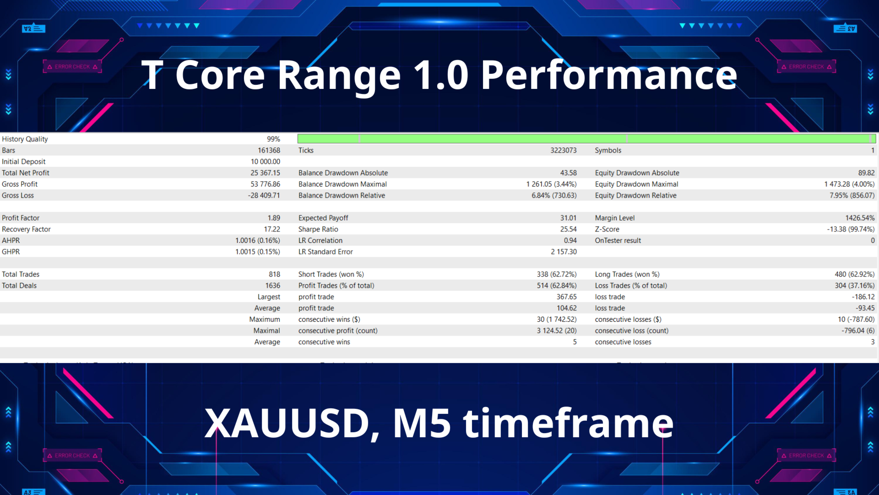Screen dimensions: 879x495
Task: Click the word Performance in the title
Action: click(609, 76)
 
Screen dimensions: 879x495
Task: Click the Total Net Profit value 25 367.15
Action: click(265, 173)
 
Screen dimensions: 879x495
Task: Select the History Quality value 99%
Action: click(273, 139)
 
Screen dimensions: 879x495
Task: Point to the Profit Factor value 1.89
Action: click(274, 218)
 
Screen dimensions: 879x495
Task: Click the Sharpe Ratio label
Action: click(318, 229)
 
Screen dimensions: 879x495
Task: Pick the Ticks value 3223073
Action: click(563, 150)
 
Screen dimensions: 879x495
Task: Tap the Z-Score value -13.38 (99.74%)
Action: click(851, 229)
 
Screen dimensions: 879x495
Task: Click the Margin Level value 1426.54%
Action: click(860, 218)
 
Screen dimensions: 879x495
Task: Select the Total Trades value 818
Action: click(274, 274)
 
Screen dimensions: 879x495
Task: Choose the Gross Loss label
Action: click(18, 195)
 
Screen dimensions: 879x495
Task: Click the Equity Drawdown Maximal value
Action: click(849, 184)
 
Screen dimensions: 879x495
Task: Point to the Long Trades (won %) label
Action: click(627, 274)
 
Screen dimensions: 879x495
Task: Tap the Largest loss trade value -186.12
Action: click(863, 297)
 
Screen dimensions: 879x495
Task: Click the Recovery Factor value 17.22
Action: click(272, 229)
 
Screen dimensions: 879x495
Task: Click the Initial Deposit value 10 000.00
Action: click(266, 161)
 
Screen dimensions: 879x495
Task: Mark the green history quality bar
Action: click(586, 138)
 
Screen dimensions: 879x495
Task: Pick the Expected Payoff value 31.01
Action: click(568, 218)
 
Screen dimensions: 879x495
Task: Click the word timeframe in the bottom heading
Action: click(568, 424)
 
